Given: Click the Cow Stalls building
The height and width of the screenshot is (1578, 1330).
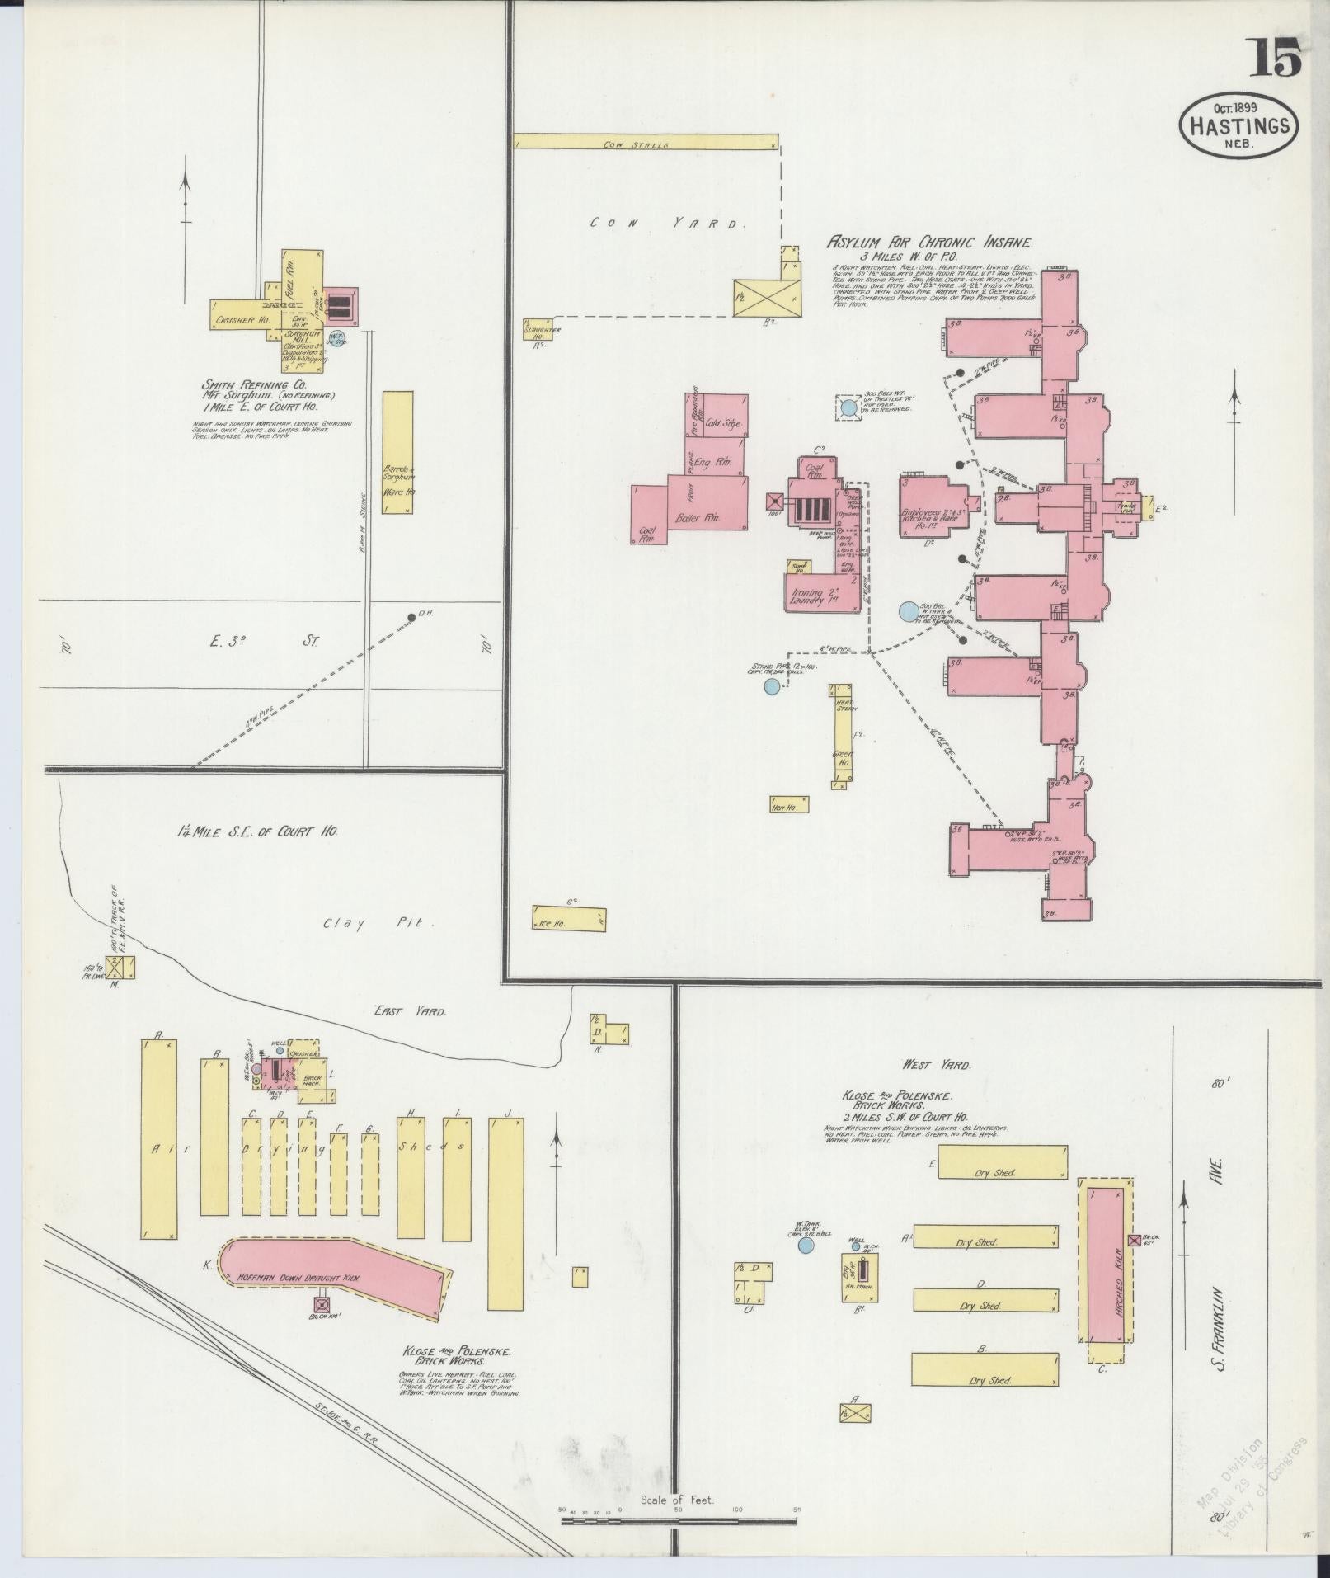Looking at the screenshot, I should coord(646,142).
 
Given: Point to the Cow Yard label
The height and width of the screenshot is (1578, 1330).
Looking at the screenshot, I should coord(668,223).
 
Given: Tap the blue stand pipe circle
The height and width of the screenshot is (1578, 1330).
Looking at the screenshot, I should coord(772,686).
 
